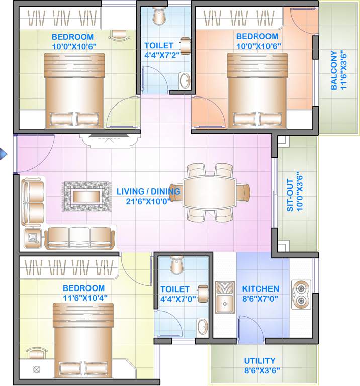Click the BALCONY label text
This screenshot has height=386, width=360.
(334, 70)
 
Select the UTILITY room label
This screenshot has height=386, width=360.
(259, 361)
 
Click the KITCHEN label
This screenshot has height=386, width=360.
(260, 289)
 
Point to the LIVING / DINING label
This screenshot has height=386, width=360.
(143, 191)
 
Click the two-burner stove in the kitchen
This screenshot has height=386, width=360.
(301, 295)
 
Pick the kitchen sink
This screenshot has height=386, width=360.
(224, 297)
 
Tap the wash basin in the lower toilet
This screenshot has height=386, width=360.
(202, 326)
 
